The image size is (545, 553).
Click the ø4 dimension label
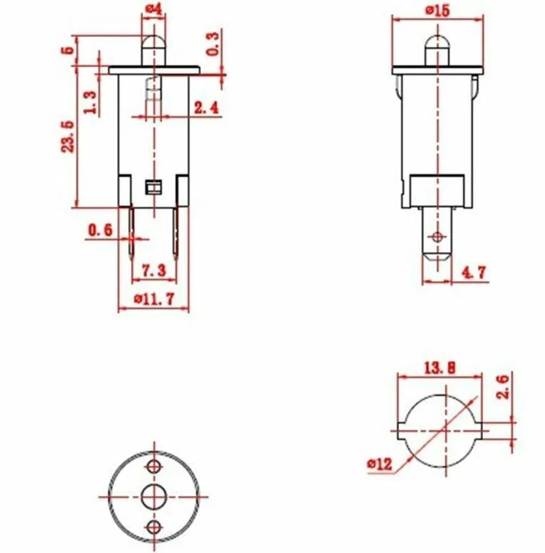coord(153,9)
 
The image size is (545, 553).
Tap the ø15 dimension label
coord(437,11)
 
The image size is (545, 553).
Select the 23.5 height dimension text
coord(68,137)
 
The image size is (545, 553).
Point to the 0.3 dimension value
coord(212,44)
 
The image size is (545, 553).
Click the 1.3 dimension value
coord(91,102)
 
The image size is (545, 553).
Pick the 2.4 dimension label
coord(207,108)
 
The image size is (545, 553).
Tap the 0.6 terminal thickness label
coord(100,230)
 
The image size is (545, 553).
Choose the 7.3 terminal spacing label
coord(153,270)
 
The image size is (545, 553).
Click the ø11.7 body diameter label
coord(154,299)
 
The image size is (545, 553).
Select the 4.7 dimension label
coord(474,272)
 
